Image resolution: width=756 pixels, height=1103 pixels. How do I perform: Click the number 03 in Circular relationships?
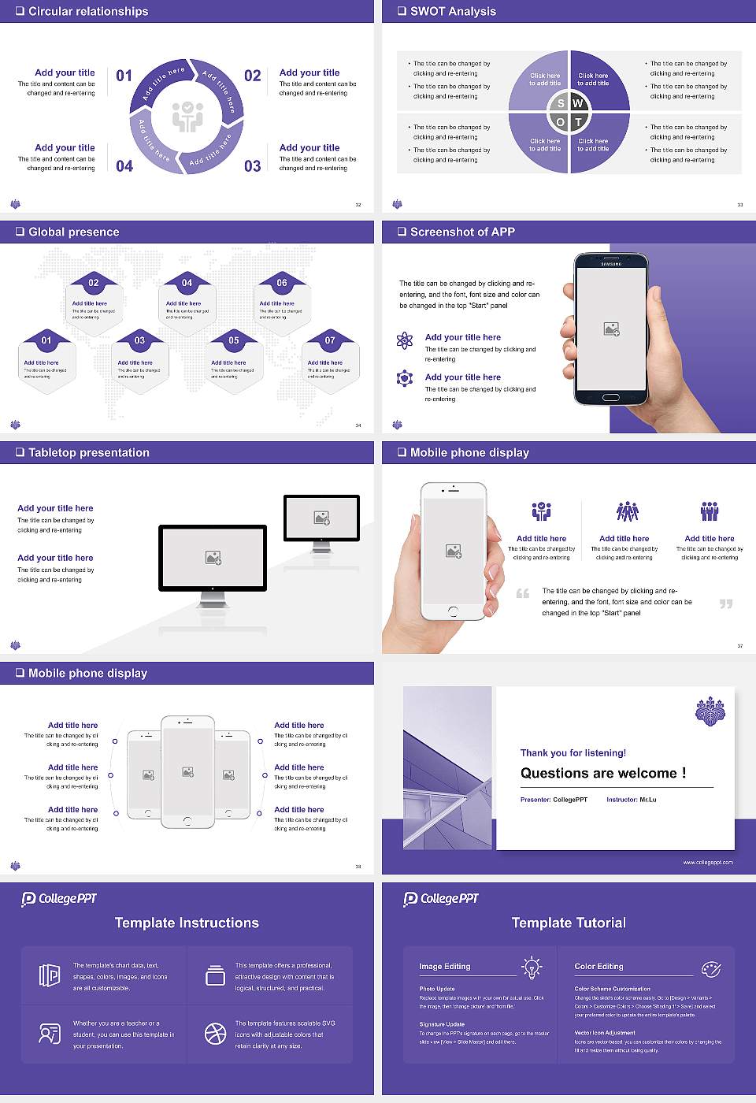click(x=252, y=166)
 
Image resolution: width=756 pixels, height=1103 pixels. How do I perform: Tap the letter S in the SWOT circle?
click(x=561, y=103)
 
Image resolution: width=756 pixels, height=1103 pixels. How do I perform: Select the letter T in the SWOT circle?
click(x=579, y=122)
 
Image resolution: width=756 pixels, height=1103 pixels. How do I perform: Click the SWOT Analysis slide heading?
click(x=453, y=11)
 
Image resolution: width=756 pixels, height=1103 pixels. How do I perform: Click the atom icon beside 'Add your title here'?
click(x=405, y=340)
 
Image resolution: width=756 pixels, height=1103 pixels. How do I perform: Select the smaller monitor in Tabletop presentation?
click(x=321, y=518)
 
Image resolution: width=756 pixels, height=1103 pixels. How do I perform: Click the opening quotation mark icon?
click(x=523, y=593)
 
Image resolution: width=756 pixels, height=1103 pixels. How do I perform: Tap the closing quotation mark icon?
click(x=726, y=603)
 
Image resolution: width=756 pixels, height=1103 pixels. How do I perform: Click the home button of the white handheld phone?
click(x=453, y=611)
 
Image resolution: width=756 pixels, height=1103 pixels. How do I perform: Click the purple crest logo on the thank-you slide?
click(x=710, y=711)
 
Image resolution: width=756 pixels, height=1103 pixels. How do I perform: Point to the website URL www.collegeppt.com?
click(x=708, y=862)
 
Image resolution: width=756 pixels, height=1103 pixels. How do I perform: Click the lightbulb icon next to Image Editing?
click(x=532, y=967)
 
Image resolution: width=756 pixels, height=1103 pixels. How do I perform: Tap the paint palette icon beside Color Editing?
click(x=711, y=968)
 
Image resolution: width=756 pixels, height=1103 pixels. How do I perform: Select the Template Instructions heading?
click(x=187, y=923)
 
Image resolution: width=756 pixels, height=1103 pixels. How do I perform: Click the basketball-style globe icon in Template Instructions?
click(x=215, y=1034)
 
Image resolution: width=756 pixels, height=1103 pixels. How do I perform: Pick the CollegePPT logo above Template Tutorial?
click(x=441, y=898)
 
